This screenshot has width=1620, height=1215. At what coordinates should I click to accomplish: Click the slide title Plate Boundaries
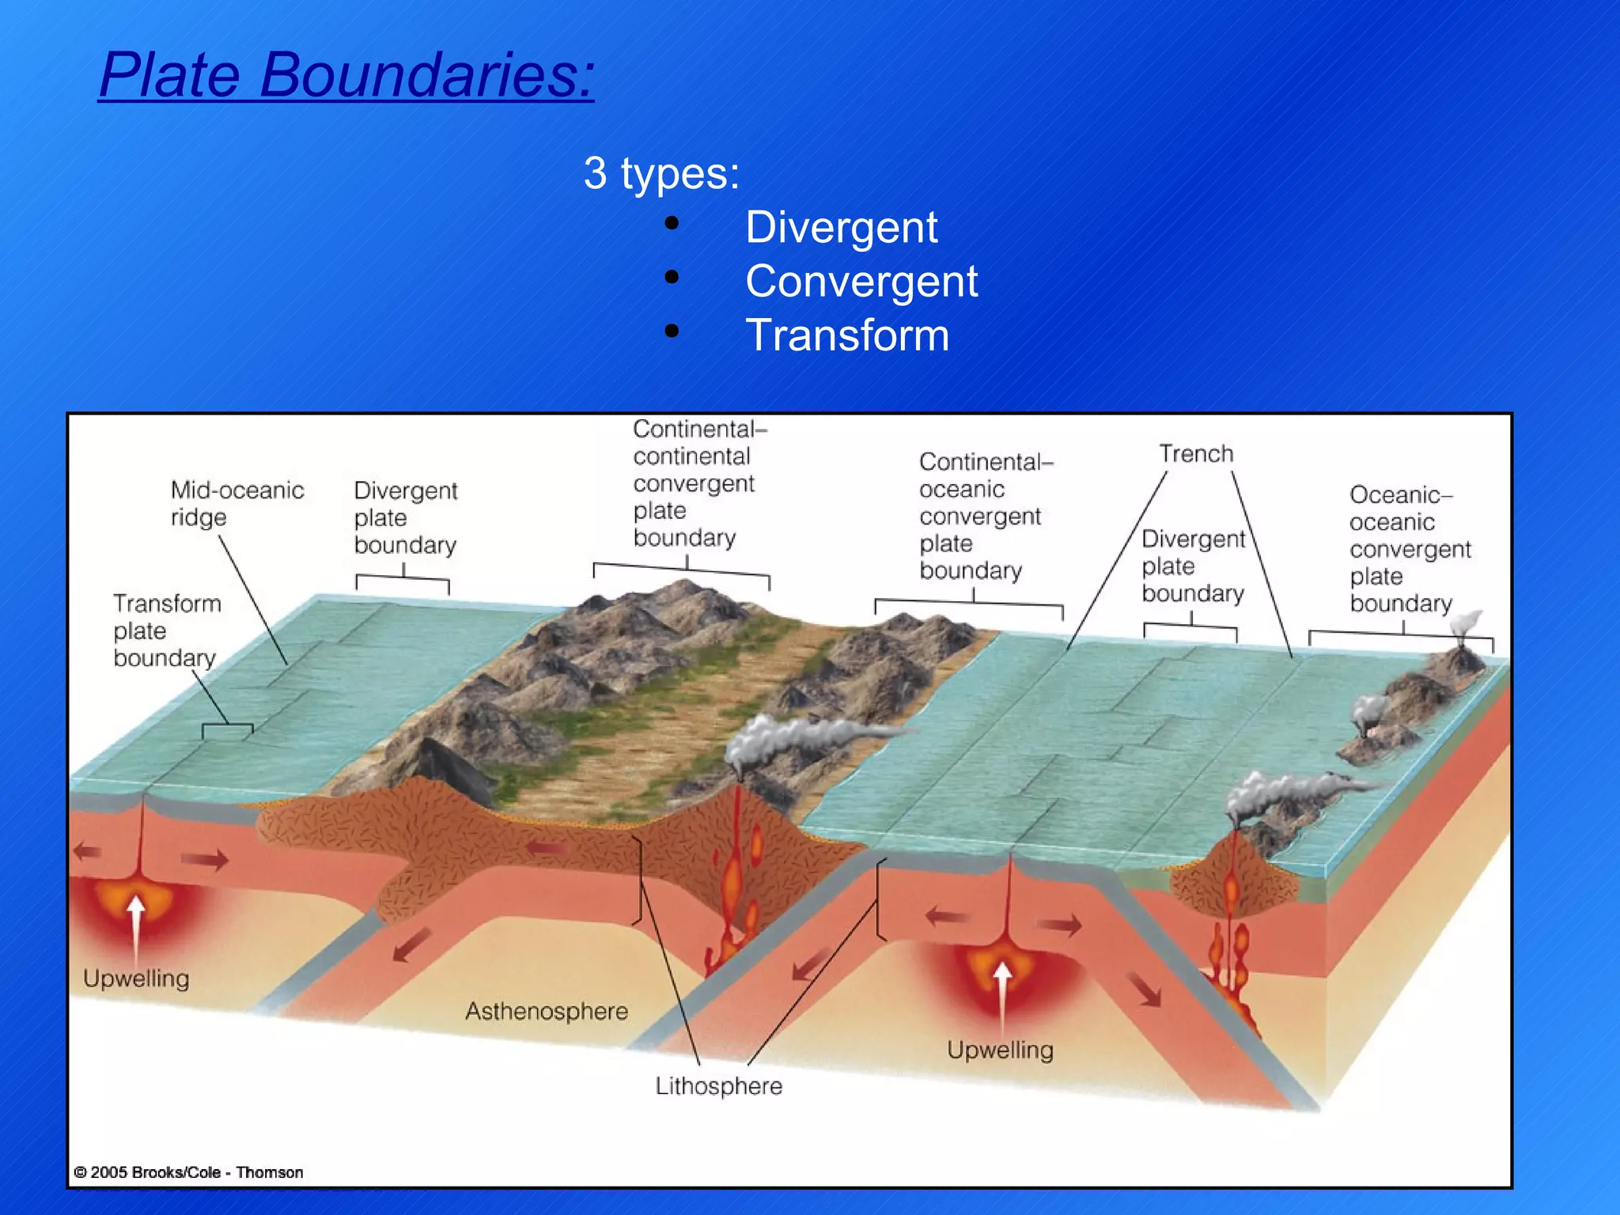(346, 75)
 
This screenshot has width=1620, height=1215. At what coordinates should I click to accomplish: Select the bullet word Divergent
(841, 228)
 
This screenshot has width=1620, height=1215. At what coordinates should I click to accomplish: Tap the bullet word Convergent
(861, 282)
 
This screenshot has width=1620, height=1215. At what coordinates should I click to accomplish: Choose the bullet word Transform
(846, 335)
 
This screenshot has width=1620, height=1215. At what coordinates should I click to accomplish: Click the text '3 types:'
(661, 173)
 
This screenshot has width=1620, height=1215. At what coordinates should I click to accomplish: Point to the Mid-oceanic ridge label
(236, 503)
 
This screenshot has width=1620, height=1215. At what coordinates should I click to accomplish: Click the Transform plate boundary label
(166, 630)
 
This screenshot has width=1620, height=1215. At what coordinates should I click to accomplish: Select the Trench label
(1195, 454)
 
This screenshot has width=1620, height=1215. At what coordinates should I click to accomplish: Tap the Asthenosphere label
(546, 1011)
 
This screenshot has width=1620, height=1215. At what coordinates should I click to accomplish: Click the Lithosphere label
(718, 1086)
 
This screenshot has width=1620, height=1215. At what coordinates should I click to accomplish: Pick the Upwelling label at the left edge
(136, 978)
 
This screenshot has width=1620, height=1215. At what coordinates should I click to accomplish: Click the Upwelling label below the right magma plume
(1000, 1050)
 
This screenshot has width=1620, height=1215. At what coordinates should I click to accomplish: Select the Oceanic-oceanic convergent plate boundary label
(1408, 549)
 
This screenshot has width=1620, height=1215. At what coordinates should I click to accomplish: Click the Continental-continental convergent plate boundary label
(693, 483)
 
